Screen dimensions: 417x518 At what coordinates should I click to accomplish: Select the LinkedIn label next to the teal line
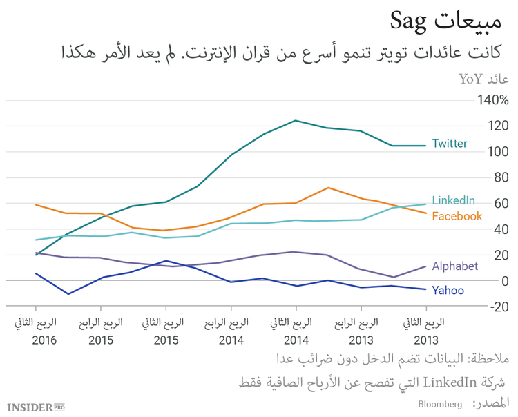[453, 200]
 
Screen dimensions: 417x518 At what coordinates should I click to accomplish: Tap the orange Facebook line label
[457, 216]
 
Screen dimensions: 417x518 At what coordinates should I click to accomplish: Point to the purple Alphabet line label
[454, 266]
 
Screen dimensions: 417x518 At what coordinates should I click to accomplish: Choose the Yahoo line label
[448, 290]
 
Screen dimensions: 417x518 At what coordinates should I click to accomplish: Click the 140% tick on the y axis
[492, 100]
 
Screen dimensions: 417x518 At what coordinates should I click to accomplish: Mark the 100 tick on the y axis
[497, 152]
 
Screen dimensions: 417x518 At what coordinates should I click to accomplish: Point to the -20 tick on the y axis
[497, 307]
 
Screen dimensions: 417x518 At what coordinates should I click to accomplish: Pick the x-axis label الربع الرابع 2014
[231, 331]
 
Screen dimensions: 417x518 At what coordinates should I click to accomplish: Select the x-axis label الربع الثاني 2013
[424, 331]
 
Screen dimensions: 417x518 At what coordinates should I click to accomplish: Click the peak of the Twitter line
[296, 120]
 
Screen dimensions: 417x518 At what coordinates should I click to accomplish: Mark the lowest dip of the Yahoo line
[68, 294]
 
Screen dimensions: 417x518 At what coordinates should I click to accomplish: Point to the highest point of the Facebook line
[328, 187]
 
